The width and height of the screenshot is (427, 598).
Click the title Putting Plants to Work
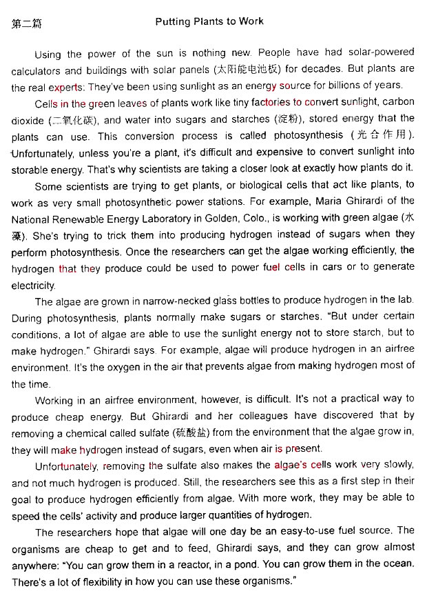pos(209,21)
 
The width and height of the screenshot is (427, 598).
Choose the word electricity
pos(33,284)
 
